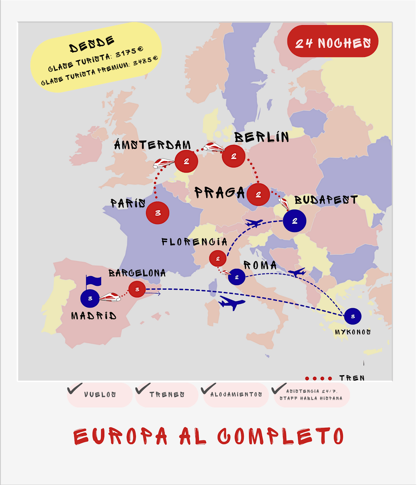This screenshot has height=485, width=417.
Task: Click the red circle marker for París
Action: pos(158,213)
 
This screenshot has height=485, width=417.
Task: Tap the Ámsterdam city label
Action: pos(153,145)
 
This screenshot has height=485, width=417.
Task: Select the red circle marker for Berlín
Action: pos(234,156)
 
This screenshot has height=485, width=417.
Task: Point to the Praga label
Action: pos(219,192)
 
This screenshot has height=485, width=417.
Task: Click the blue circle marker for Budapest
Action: pos(295,221)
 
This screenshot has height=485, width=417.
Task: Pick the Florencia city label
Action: pos(194,242)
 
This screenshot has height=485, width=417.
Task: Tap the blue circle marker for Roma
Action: pos(237,277)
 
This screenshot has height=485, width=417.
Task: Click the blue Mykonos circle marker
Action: pos(353,316)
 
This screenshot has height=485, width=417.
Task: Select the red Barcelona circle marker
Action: pos(137,289)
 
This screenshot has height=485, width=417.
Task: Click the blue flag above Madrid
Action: pos(93,281)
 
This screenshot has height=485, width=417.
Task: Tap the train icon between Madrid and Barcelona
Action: pos(110,297)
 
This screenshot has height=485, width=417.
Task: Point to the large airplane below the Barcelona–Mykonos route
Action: pos(232,303)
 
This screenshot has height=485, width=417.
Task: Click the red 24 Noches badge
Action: pos(333,42)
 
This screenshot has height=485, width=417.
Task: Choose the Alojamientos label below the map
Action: pos(236,395)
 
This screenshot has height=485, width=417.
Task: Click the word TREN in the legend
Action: pos(352,377)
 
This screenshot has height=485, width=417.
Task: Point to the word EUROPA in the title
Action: pos(120,436)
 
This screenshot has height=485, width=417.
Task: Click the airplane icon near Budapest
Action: pos(254,223)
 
